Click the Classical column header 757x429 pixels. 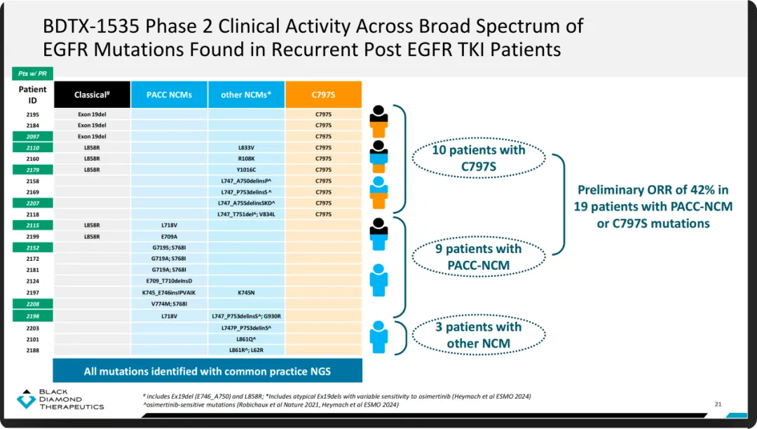92,95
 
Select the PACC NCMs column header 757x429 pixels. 169,95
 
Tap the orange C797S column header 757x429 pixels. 323,95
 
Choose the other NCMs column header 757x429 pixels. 246,95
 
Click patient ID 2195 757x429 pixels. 33,114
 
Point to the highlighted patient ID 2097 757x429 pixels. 33,136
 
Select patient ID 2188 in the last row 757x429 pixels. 33,350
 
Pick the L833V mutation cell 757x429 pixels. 246,148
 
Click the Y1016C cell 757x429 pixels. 246,170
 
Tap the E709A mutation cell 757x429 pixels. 169,236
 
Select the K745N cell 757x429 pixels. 246,292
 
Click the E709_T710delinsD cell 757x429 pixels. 169,281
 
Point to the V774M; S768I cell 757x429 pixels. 169,304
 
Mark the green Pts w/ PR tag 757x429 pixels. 32,74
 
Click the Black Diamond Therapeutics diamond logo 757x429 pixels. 26,400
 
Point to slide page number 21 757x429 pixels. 717,404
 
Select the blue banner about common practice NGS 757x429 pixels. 207,371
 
